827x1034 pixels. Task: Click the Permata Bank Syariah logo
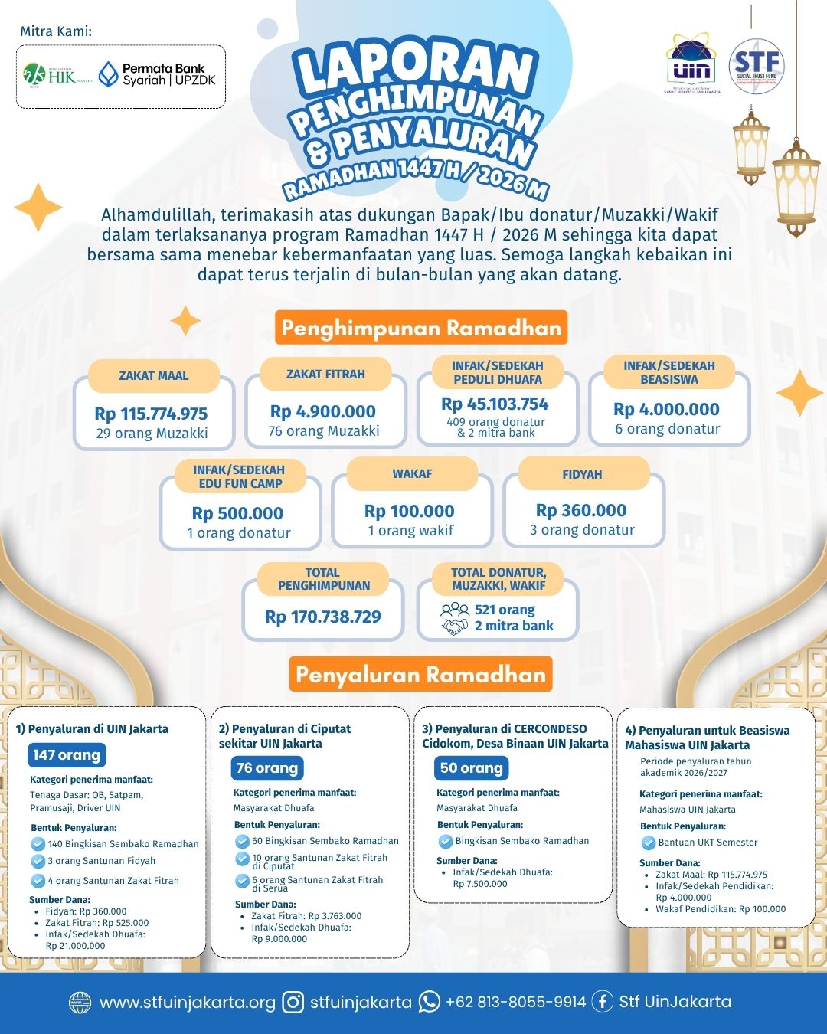(x=159, y=74)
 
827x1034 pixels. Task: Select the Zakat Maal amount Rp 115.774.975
(x=151, y=414)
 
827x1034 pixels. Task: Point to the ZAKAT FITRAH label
(x=325, y=375)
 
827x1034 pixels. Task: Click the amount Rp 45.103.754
(x=495, y=404)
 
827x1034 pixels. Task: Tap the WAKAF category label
(x=412, y=474)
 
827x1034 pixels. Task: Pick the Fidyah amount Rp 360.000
(x=581, y=510)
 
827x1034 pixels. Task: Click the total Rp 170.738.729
(x=322, y=617)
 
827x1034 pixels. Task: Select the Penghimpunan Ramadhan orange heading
(x=421, y=329)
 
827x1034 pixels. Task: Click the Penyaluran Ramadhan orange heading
(x=421, y=675)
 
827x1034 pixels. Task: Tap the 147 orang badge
(x=67, y=755)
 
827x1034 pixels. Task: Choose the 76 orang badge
(x=266, y=768)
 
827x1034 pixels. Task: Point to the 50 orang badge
(x=471, y=768)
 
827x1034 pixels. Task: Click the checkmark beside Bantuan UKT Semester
(x=648, y=843)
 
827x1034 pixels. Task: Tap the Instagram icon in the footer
(x=293, y=1002)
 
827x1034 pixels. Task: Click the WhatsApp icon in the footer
(x=429, y=1001)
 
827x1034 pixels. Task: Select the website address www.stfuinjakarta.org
(x=187, y=1002)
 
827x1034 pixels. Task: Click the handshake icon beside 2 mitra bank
(x=455, y=627)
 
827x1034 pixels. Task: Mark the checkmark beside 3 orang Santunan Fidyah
(x=38, y=862)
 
